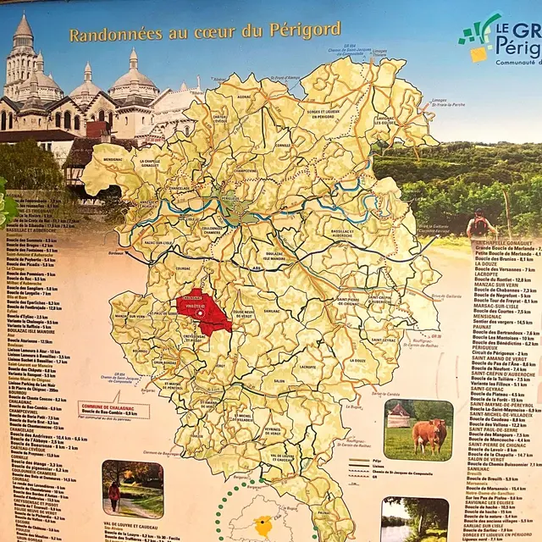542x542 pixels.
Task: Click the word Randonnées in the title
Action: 107,35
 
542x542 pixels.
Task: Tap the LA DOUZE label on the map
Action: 357,360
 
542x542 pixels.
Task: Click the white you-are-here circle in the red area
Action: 200,312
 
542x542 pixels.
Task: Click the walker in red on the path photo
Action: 113,493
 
